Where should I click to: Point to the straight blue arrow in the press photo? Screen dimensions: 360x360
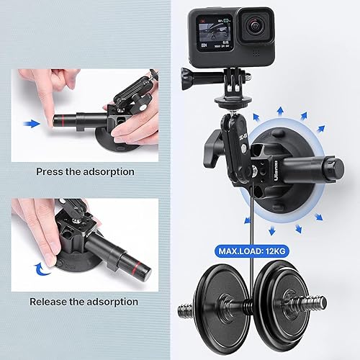(30, 123)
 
